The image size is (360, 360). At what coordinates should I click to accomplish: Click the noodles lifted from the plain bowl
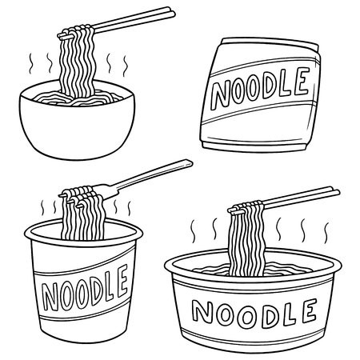tap(74, 60)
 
